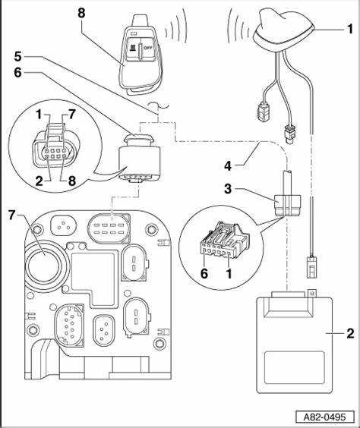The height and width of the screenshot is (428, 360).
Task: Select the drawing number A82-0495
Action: point(325,417)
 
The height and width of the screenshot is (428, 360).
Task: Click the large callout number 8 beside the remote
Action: point(81,13)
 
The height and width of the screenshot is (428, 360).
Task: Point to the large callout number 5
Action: point(17,56)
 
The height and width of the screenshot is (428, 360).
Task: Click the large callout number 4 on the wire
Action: point(228,165)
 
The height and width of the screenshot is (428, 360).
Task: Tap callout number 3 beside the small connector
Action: point(228,189)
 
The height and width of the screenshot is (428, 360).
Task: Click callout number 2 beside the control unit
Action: point(350,333)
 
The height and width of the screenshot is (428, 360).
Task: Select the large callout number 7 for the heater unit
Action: point(11,215)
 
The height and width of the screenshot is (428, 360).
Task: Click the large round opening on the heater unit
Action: point(44,263)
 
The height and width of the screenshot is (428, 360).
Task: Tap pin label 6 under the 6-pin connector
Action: point(204,273)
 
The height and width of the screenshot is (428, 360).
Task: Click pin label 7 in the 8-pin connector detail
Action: point(71,115)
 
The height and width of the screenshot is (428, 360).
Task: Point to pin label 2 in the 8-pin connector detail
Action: point(39,181)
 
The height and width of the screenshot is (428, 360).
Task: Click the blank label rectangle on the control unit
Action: point(295,368)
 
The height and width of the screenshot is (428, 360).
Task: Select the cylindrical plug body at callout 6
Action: point(140,159)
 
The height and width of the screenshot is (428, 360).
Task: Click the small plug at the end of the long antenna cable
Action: point(311,267)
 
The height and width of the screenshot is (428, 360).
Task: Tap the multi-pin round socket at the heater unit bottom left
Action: point(69,325)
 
